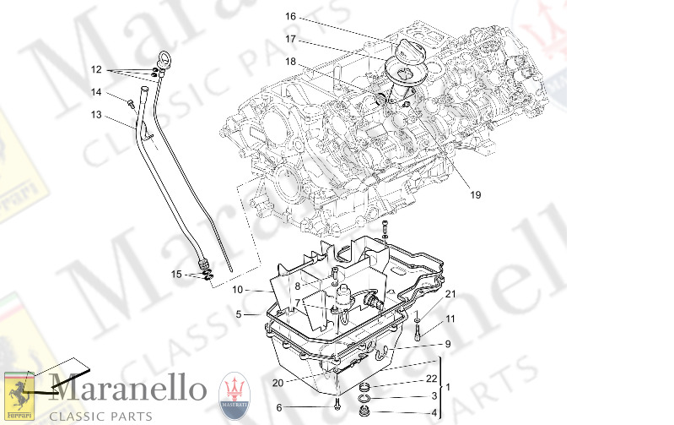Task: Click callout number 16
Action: click(x=290, y=16)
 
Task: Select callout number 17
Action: click(x=290, y=39)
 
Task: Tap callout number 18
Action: click(x=290, y=62)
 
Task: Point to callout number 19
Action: click(x=475, y=195)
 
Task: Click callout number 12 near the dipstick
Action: click(x=96, y=69)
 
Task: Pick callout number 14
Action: click(x=96, y=92)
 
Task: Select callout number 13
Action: click(x=96, y=115)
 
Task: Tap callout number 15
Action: click(x=176, y=274)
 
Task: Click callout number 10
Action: click(x=238, y=290)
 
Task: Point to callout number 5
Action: click(x=239, y=314)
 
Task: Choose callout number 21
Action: click(x=450, y=294)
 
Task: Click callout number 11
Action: click(x=450, y=319)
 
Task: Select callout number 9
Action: click(x=448, y=344)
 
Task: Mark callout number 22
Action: click(x=432, y=378)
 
